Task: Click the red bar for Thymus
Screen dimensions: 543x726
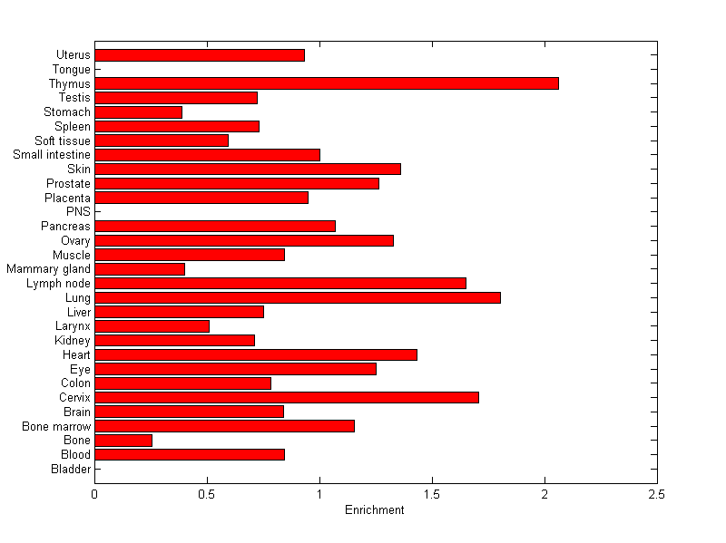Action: tap(327, 83)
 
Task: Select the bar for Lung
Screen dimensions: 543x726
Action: tap(298, 297)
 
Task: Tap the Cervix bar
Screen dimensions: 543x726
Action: tap(287, 397)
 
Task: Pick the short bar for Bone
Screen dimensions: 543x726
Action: tap(123, 440)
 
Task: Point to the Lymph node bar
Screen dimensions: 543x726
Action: tap(280, 283)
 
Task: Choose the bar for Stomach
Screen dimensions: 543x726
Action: tap(138, 112)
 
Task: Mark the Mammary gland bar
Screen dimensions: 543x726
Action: tap(140, 268)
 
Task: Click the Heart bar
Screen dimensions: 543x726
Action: tap(256, 354)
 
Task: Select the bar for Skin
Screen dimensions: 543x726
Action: tap(248, 169)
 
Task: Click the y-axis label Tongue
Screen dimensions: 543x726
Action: tap(72, 69)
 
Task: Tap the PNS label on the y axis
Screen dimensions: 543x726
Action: tap(79, 211)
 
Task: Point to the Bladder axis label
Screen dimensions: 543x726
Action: tap(71, 469)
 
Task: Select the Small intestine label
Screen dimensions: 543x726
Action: tap(52, 154)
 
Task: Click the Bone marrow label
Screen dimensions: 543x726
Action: tap(56, 426)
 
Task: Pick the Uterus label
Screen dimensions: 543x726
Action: tap(73, 54)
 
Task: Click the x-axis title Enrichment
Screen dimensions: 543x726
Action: tap(375, 510)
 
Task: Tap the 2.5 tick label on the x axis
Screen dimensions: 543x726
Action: tap(657, 494)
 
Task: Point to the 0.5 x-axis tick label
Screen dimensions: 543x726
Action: tap(207, 494)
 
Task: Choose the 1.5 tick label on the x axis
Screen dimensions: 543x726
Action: tap(432, 494)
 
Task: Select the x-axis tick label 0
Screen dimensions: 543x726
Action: tap(94, 494)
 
